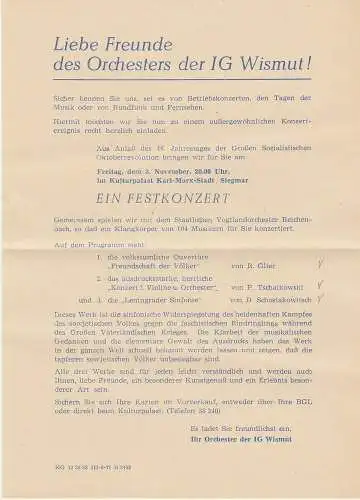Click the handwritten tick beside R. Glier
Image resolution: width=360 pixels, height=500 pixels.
(x=318, y=265)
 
